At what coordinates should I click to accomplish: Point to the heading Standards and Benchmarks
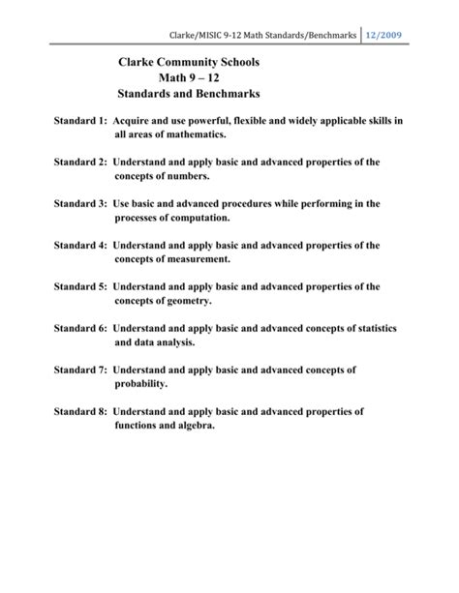(189, 99)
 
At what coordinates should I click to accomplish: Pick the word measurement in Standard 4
(197, 260)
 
